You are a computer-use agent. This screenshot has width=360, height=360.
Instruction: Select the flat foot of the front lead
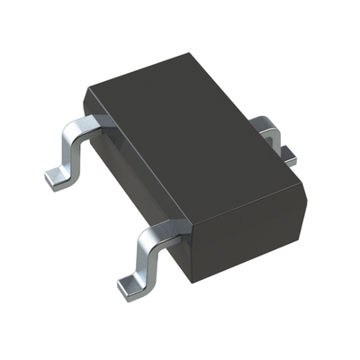coord(135,284)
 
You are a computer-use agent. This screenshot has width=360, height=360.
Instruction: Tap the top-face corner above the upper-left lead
coord(86,90)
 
